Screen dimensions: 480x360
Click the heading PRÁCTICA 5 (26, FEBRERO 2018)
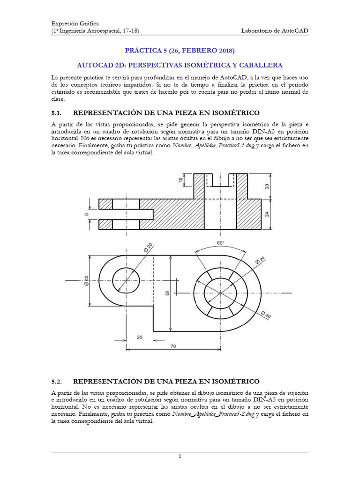coord(180,50)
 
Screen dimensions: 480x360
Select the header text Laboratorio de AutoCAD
coord(275,30)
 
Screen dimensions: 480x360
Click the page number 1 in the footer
coord(180,456)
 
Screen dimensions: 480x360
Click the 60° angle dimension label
coord(220,243)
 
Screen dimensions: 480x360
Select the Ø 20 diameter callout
coord(136,247)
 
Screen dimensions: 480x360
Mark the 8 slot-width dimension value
coord(86,214)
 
